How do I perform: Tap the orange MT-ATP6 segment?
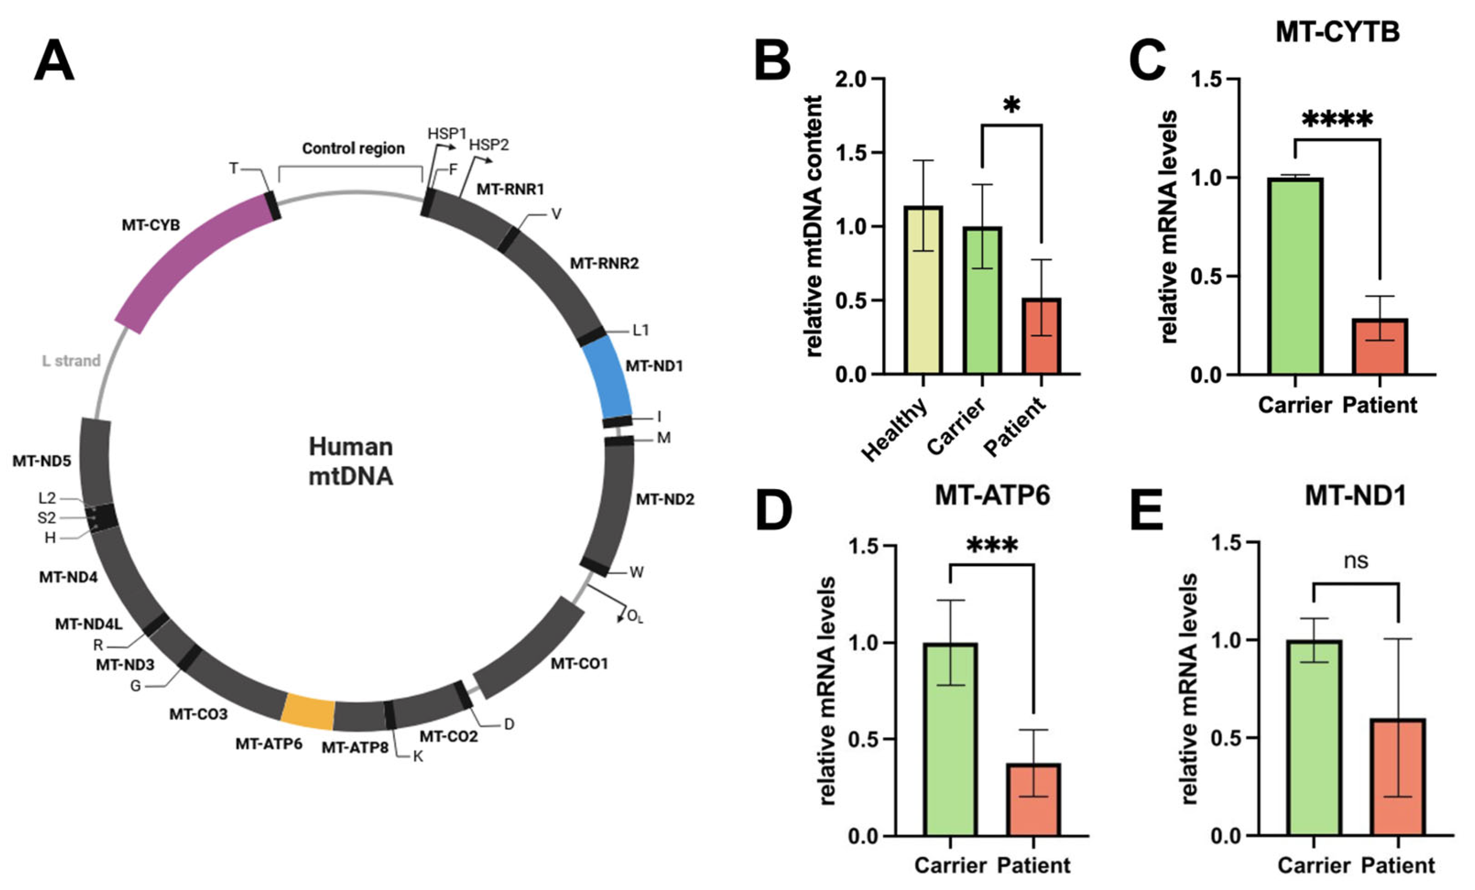click(x=308, y=712)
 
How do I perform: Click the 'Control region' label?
click(x=353, y=148)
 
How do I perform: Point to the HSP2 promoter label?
click(x=489, y=145)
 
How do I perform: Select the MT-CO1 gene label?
click(x=579, y=663)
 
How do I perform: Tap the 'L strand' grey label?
click(x=71, y=360)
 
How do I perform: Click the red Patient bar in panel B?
click(x=1041, y=336)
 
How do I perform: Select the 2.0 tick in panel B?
click(x=853, y=79)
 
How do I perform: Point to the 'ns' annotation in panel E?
click(x=1356, y=561)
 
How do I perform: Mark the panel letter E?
click(x=1147, y=510)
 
